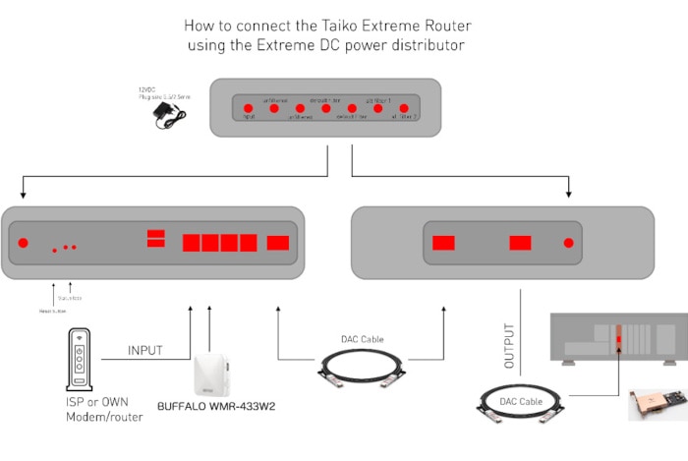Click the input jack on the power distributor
point(249,108)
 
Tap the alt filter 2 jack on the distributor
point(403,108)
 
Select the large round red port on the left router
point(24,243)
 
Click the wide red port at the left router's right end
point(278,243)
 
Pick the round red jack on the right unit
point(567,243)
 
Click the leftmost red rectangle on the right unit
point(444,243)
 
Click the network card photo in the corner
point(657,404)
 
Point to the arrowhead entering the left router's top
point(21,194)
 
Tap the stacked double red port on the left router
point(155,238)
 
